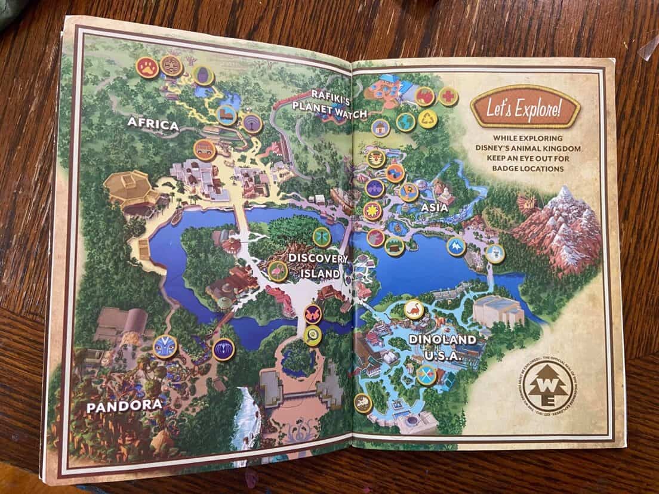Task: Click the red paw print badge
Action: (147, 67)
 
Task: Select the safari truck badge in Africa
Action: (204, 150)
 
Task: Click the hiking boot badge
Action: (227, 115)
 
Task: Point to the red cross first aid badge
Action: (448, 97)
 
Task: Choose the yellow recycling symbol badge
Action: (427, 119)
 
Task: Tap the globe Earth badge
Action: (405, 122)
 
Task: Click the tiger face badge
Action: (377, 158)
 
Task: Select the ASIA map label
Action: (434, 208)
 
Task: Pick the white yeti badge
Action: (494, 254)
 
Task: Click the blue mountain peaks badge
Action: (456, 246)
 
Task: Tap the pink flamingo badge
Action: (278, 271)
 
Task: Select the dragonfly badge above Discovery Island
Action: (322, 237)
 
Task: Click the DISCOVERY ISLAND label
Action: (318, 266)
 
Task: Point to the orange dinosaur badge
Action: (414, 310)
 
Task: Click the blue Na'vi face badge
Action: (165, 347)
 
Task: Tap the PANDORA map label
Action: (124, 406)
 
